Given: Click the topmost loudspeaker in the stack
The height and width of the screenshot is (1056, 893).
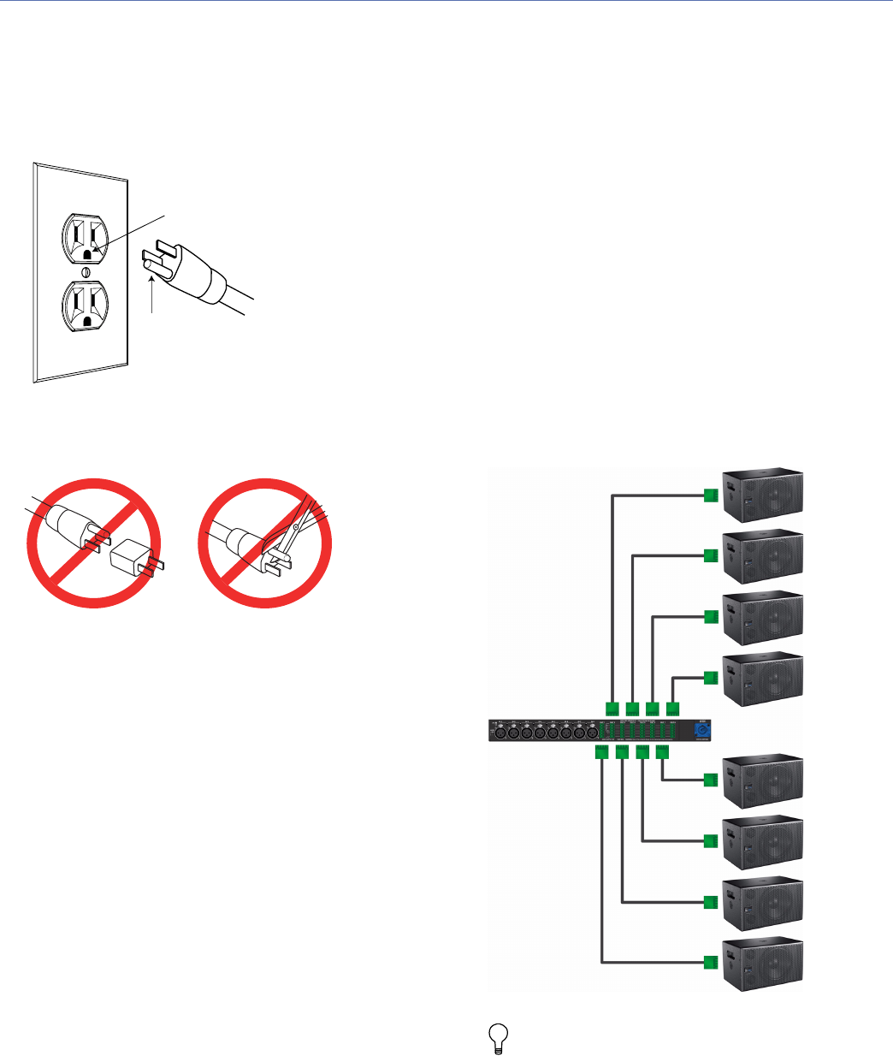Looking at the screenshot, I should (763, 495).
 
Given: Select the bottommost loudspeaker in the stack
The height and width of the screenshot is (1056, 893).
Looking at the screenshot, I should (763, 964).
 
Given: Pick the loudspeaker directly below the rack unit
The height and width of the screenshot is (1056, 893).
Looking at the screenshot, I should (763, 781).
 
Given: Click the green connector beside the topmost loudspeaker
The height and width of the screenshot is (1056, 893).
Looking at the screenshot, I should (709, 495).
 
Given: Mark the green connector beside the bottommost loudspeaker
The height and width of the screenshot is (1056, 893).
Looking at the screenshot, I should (709, 963).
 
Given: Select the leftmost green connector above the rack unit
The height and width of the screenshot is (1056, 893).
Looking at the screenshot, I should (612, 708).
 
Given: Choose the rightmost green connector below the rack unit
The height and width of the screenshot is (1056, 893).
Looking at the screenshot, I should (662, 751).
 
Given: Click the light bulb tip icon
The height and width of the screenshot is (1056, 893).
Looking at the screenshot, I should (496, 1038).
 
